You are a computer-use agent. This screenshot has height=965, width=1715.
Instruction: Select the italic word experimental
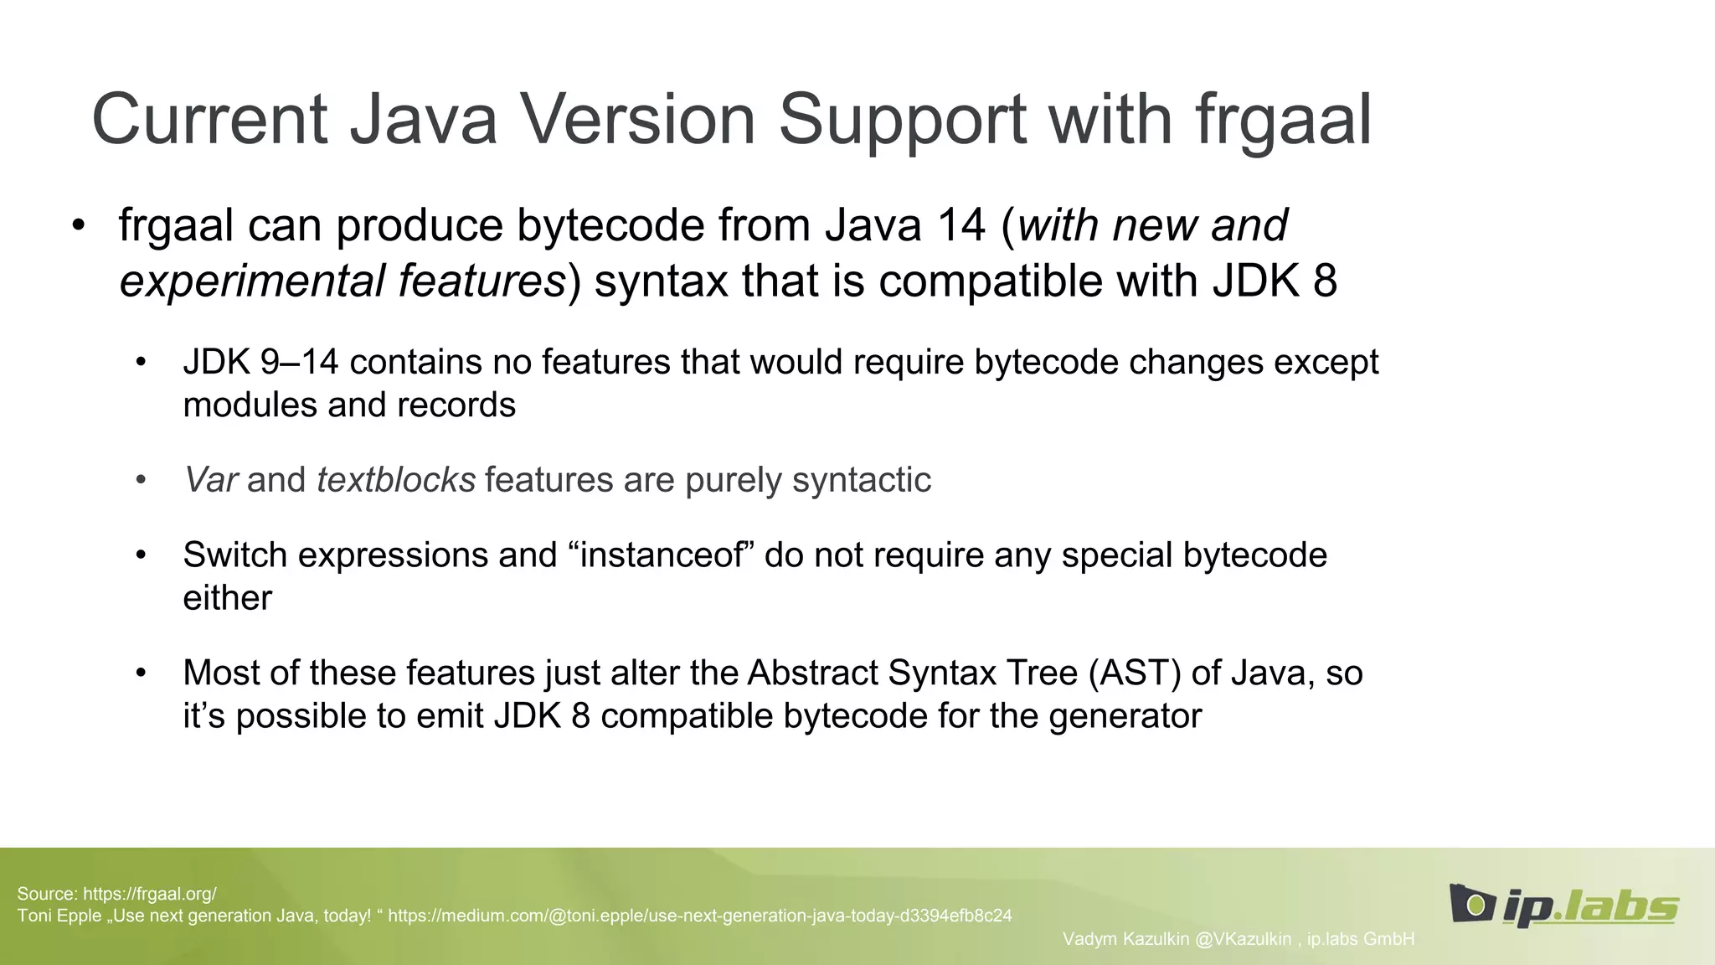[x=250, y=281]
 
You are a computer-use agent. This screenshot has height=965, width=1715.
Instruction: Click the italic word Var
[x=210, y=480]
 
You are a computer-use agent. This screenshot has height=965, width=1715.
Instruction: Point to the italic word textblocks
[x=396, y=480]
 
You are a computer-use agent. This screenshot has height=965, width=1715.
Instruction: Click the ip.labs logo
[x=1563, y=906]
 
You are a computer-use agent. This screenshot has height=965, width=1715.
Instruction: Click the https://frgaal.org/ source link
[x=149, y=894]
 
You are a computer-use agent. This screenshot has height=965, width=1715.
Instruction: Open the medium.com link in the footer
[x=699, y=916]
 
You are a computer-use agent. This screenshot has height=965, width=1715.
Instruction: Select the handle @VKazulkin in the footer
[x=1243, y=939]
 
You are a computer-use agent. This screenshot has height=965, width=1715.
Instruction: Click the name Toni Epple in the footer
[x=59, y=916]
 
